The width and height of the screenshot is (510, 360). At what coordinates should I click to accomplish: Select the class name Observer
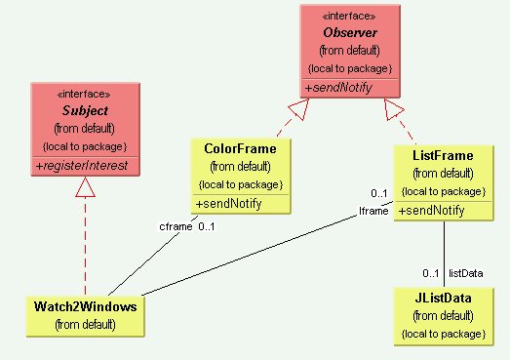(349, 33)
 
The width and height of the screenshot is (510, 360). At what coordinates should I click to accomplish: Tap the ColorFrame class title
(240, 148)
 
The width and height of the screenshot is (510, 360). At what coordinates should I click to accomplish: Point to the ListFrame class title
(443, 155)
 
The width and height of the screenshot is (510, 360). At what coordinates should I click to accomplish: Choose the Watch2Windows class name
(86, 306)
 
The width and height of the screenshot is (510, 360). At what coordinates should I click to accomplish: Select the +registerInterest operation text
(86, 166)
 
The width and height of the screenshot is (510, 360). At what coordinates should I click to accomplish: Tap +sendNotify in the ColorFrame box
(228, 203)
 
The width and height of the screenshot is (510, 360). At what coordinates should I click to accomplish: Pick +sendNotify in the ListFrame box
(431, 210)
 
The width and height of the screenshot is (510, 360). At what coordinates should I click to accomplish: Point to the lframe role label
(373, 210)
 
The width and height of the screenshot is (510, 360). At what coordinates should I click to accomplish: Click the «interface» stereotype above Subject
(85, 95)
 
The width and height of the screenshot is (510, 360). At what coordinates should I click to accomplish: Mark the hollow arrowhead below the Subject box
(85, 188)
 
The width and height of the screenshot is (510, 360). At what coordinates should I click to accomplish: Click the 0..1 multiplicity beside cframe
(207, 227)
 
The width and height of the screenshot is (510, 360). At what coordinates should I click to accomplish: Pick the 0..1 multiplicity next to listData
(430, 272)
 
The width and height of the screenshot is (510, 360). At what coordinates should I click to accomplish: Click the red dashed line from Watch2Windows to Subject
(85, 244)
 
